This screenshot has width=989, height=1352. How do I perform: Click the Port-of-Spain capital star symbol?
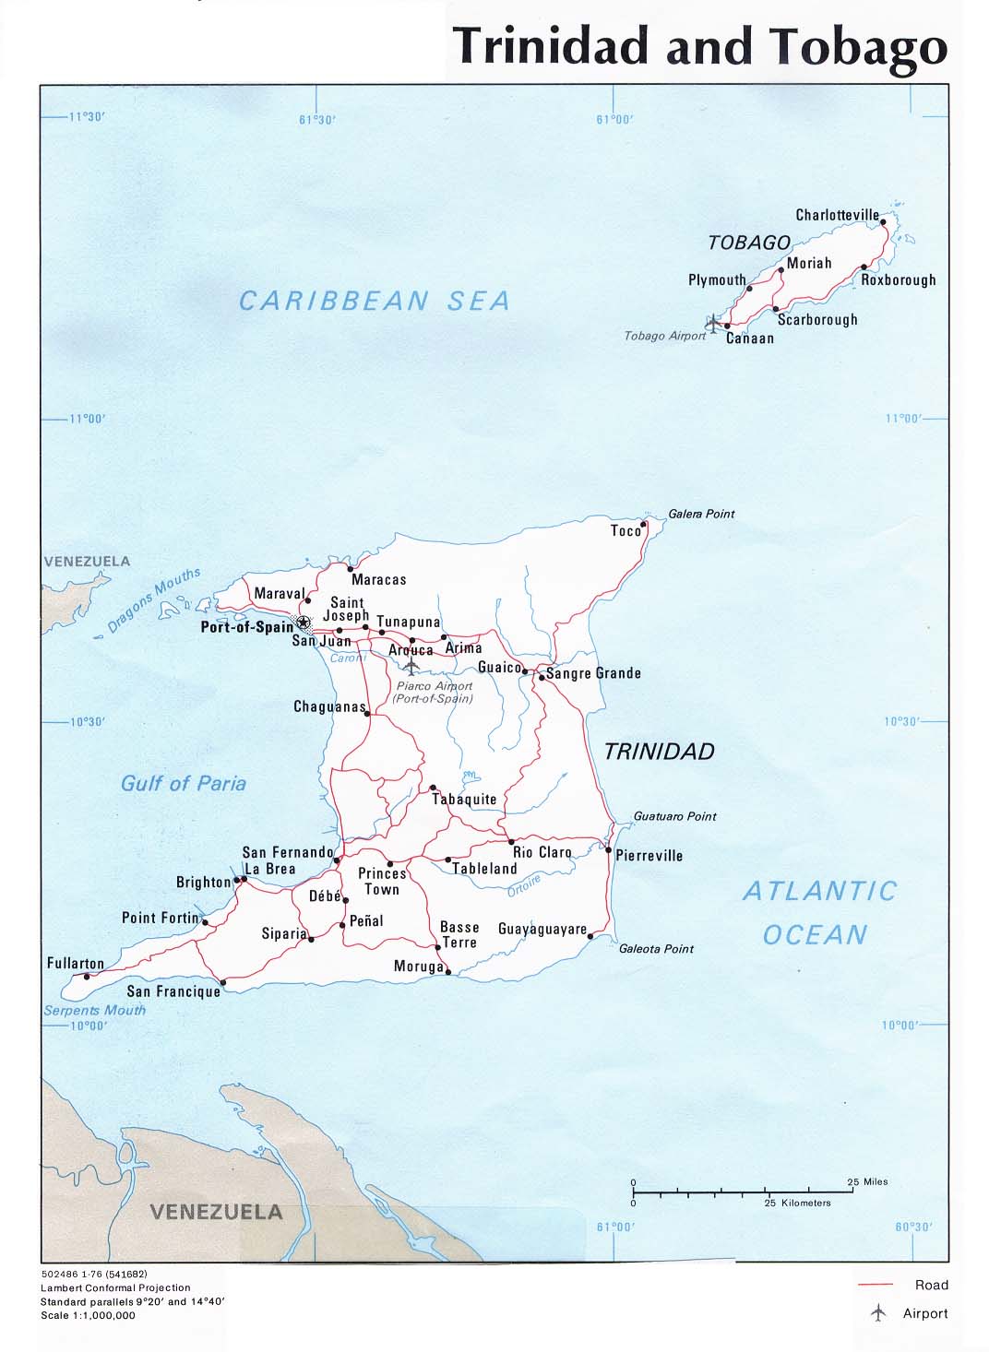click(x=302, y=623)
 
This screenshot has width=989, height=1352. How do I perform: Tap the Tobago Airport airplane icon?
click(x=713, y=323)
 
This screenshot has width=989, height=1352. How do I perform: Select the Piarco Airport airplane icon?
click(x=411, y=666)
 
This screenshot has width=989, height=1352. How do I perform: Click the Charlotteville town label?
click(x=837, y=215)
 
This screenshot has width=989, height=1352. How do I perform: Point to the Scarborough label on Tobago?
click(x=816, y=320)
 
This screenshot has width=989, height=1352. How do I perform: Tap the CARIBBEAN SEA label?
click(x=374, y=301)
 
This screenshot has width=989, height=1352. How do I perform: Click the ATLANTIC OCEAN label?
click(x=818, y=912)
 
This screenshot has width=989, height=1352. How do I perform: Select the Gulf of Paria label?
click(x=184, y=784)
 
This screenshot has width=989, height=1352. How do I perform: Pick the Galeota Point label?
click(x=656, y=948)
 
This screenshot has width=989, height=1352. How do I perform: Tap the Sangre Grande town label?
click(x=593, y=673)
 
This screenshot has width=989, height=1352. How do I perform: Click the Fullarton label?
click(x=76, y=963)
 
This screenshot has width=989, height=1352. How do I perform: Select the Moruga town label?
click(x=418, y=967)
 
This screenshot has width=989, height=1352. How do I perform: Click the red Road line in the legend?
click(x=875, y=1285)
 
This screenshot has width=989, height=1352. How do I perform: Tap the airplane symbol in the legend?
click(x=877, y=1313)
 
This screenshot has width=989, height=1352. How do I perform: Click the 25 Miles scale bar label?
click(x=867, y=1181)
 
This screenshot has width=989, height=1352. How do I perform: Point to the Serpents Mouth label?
click(x=94, y=1010)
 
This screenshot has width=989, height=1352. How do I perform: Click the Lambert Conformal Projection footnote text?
click(x=115, y=1287)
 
